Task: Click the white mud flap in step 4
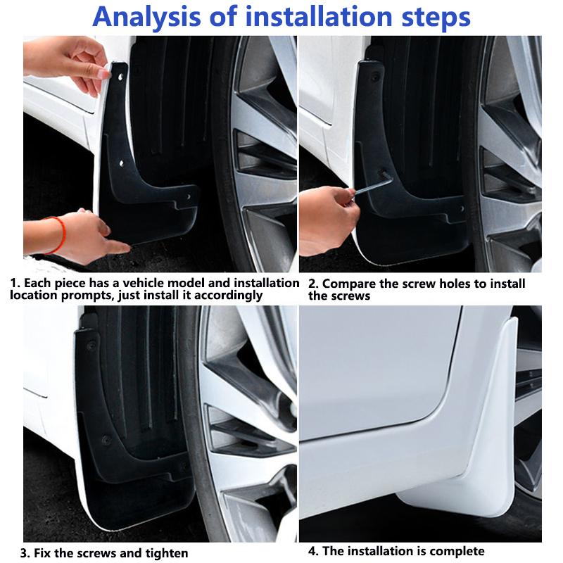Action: (479, 436)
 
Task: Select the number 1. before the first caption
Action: (15, 283)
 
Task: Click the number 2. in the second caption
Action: (314, 284)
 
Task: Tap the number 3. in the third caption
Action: (25, 553)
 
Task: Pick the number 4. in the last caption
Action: (314, 551)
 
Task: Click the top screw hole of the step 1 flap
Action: (118, 72)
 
